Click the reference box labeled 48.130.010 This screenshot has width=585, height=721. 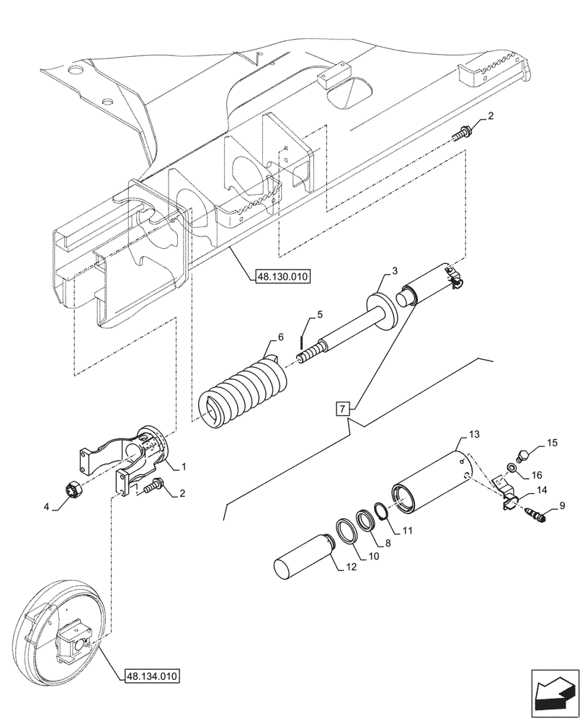coord(281,276)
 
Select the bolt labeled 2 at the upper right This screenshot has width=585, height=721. coord(463,134)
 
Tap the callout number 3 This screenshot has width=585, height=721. coord(395,271)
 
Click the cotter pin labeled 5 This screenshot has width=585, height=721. coord(305,337)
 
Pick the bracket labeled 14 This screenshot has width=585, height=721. coord(509,496)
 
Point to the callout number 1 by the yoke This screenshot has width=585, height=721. coord(184,466)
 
